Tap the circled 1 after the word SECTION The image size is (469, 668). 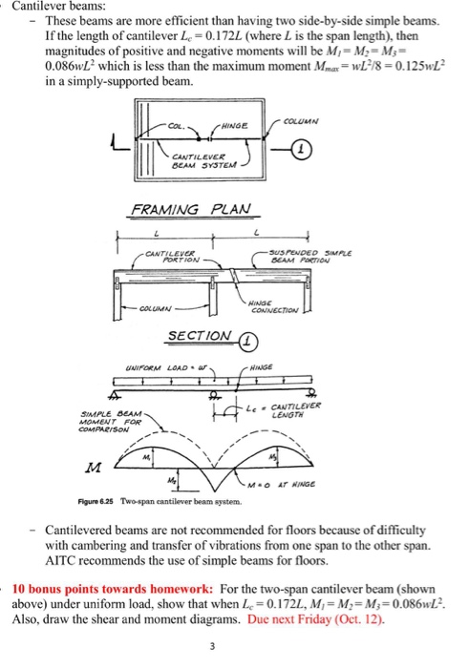coord(247,337)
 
